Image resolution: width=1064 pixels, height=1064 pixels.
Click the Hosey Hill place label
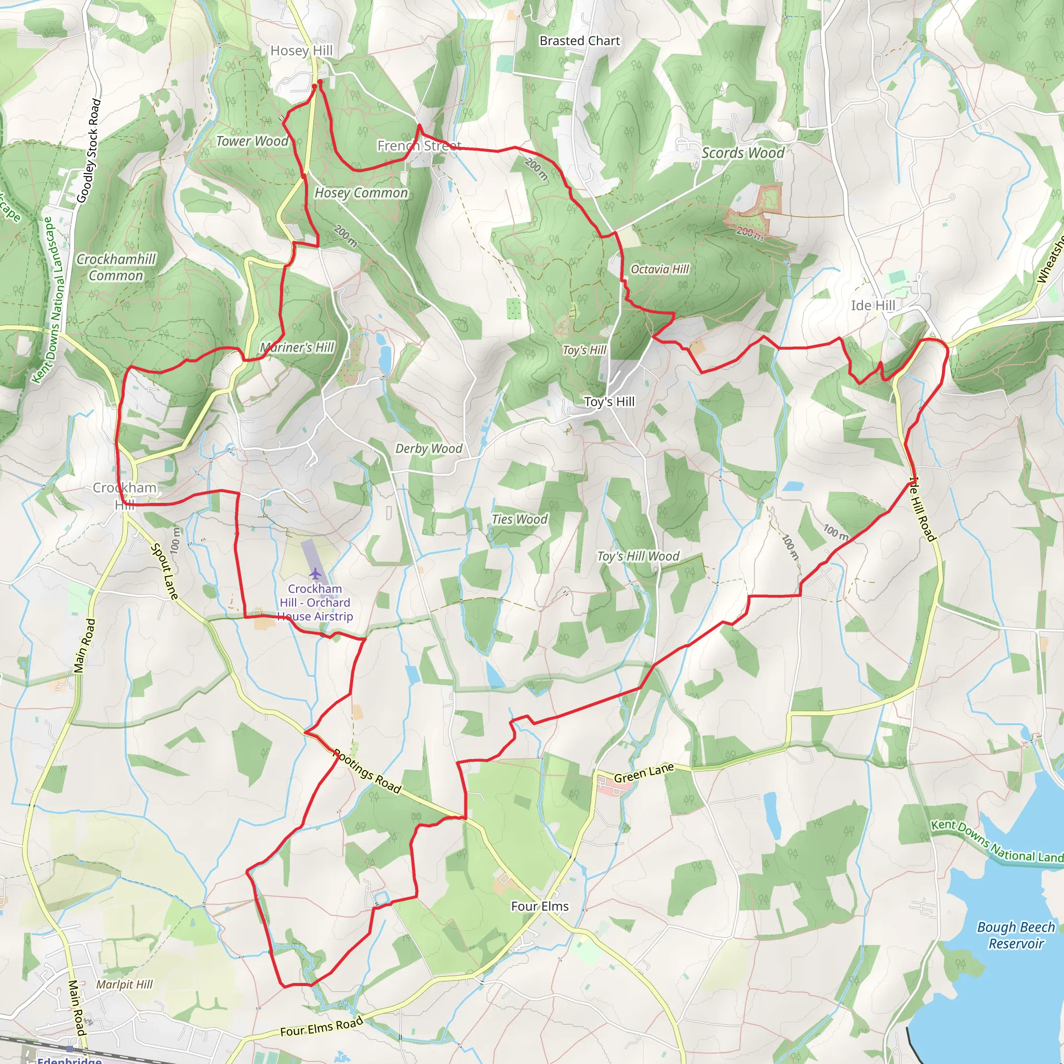click(301, 51)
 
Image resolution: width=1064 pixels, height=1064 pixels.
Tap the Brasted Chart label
click(579, 41)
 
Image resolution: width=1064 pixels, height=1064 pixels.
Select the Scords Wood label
click(742, 153)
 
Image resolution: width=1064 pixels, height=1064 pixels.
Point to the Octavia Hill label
click(659, 269)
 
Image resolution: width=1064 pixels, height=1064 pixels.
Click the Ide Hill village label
click(872, 305)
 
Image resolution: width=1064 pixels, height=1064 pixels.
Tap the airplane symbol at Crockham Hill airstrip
click(315, 574)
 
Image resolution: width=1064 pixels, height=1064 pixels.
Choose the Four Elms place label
click(539, 907)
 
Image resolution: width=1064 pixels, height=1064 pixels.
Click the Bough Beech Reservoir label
click(1016, 936)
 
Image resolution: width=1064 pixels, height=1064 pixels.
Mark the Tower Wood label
click(252, 141)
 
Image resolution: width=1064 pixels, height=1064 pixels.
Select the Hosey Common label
click(361, 193)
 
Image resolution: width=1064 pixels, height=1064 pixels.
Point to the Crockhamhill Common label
click(116, 267)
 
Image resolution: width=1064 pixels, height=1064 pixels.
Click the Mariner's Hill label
click(297, 348)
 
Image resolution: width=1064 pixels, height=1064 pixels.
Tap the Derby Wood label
click(429, 449)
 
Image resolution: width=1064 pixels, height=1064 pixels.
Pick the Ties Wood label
click(520, 520)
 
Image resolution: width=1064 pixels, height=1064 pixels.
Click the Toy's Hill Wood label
click(639, 556)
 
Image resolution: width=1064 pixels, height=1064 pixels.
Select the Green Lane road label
click(643, 773)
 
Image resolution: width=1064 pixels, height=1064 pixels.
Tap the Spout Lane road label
click(165, 571)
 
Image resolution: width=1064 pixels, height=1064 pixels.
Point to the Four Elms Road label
click(322, 1027)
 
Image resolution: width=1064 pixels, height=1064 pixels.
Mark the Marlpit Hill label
click(124, 985)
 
